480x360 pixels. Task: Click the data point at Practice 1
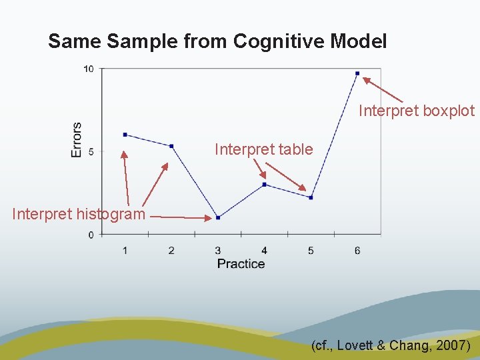125,135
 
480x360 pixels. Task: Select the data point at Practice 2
171,146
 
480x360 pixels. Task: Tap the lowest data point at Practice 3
218,217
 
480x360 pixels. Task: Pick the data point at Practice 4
265,185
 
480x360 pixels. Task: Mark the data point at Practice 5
311,197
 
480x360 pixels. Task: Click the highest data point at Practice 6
357,73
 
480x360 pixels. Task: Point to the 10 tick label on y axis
89,69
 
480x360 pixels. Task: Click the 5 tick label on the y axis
91,151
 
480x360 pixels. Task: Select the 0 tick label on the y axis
91,235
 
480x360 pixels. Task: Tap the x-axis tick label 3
218,251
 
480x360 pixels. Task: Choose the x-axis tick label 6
357,251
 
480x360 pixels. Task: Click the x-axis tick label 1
125,251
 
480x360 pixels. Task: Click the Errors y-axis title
76,139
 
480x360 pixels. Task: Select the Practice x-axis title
241,264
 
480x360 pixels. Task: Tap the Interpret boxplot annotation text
417,111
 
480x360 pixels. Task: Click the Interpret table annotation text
263,149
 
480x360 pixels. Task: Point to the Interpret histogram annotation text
78,214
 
